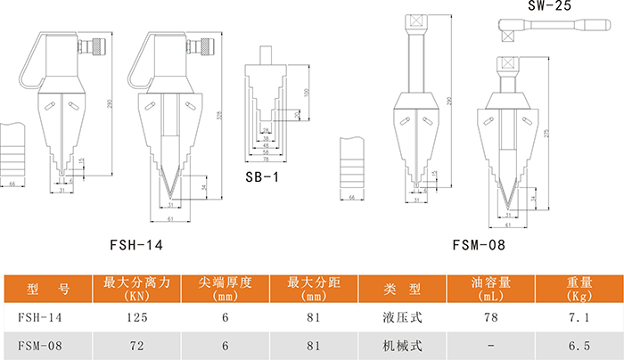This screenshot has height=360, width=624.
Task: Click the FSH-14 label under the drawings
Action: tap(136, 242)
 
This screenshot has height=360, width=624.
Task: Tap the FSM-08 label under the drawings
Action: tap(479, 242)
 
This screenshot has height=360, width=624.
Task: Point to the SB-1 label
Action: tap(262, 176)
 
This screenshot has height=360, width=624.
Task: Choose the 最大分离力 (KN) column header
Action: tap(136, 290)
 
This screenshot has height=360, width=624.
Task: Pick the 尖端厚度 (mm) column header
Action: tap(225, 290)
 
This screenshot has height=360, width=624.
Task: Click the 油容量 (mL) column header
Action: tap(489, 290)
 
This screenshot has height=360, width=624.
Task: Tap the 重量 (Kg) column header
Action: tap(580, 290)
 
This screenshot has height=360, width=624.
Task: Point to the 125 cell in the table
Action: tap(136, 317)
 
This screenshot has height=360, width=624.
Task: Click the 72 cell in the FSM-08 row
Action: tap(136, 345)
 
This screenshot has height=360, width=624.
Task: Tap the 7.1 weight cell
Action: tap(580, 317)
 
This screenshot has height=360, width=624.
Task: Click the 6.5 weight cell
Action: tap(580, 345)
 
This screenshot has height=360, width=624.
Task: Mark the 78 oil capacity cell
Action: tap(489, 317)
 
